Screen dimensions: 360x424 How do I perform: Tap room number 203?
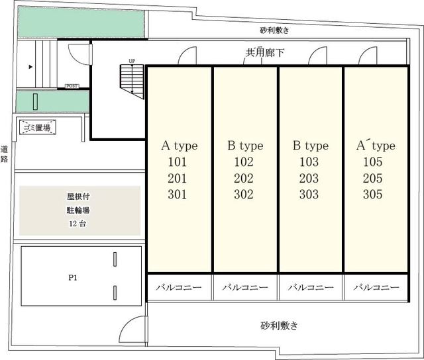click(x=309, y=179)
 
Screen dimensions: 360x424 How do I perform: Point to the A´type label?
click(x=376, y=146)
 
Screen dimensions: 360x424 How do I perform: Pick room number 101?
click(x=179, y=162)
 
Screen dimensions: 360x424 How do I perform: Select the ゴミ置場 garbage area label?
click(x=37, y=127)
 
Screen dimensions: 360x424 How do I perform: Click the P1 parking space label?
click(x=73, y=279)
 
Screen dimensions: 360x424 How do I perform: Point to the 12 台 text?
click(x=78, y=224)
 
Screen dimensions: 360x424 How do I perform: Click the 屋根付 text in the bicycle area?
click(x=78, y=197)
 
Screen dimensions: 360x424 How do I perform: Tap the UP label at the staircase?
click(x=132, y=62)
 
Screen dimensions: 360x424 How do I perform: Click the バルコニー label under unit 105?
click(x=376, y=288)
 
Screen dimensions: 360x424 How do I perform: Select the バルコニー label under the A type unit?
click(x=179, y=288)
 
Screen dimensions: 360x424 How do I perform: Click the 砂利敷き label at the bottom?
click(x=279, y=326)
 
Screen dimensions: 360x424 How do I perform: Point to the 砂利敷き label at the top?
click(x=275, y=30)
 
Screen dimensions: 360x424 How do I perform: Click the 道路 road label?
click(x=5, y=154)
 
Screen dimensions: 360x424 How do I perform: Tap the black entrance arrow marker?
click(x=30, y=67)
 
